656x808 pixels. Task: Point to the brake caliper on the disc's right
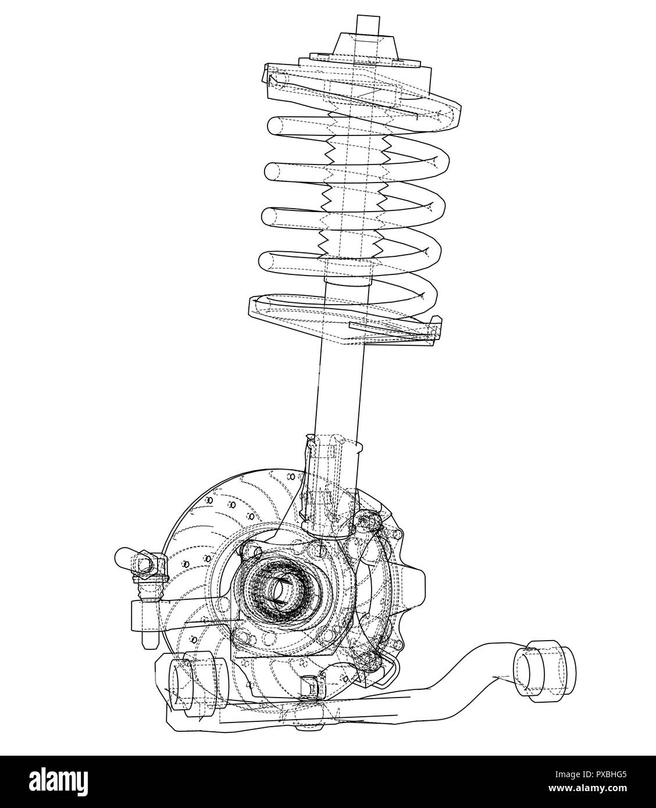coord(401,587)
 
